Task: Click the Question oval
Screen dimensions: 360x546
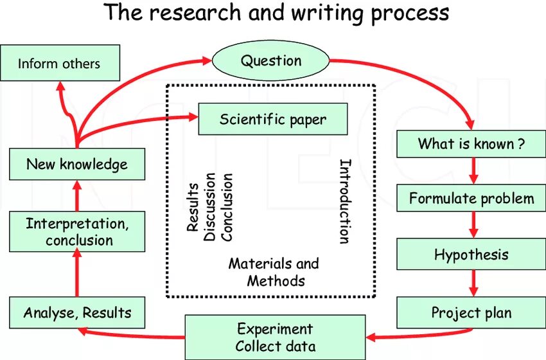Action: [x=270, y=62]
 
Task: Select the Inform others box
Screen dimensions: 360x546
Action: [x=60, y=63]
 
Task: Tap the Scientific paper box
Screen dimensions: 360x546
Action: [x=273, y=119]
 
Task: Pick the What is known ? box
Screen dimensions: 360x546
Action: [x=471, y=143]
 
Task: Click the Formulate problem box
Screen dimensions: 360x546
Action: [x=471, y=198]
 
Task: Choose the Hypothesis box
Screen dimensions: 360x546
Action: [x=471, y=255]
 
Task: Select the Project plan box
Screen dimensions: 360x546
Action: [x=471, y=313]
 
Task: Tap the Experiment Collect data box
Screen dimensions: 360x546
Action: [x=275, y=337]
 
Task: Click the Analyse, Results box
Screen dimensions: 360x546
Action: [x=77, y=313]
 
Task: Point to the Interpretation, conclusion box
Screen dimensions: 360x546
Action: [x=77, y=231]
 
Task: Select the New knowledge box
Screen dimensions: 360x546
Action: [x=77, y=164]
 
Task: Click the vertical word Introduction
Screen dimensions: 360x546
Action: [x=345, y=201]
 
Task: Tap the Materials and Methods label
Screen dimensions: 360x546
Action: [x=274, y=272]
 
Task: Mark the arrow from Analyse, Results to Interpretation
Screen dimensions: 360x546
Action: [x=77, y=273]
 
